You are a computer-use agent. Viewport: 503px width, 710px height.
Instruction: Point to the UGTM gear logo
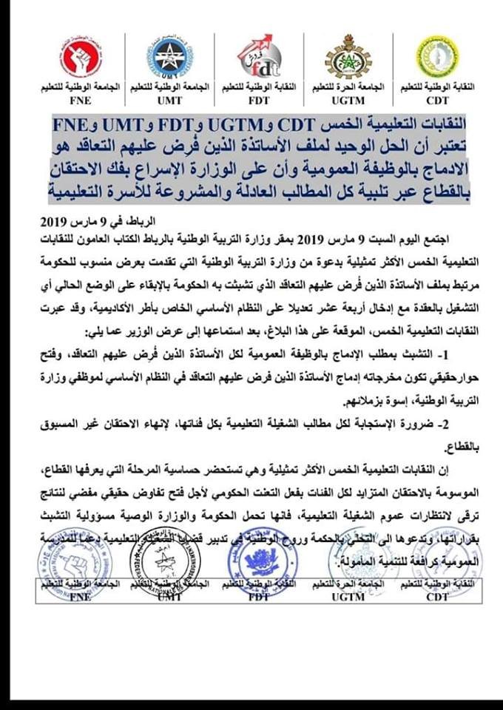point(346,56)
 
